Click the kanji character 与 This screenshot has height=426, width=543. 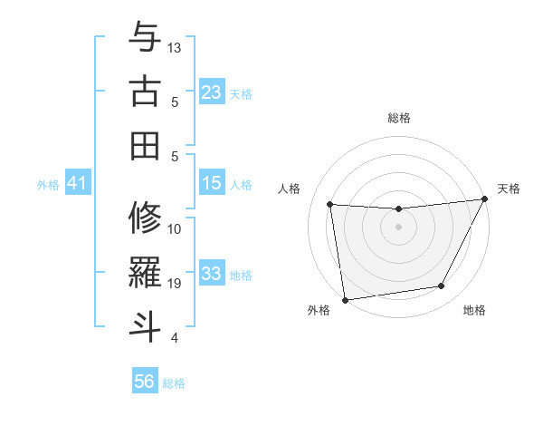click(x=146, y=38)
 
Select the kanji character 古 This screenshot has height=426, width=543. click(x=146, y=92)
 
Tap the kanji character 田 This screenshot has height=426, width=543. click(x=146, y=145)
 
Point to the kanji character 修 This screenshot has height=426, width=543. click(x=146, y=218)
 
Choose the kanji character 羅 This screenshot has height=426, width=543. click(x=146, y=272)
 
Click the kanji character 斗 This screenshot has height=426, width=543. click(x=146, y=325)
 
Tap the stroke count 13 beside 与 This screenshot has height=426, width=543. click(x=176, y=47)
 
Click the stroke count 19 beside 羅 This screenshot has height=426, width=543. click(x=176, y=284)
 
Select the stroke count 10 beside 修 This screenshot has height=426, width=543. click(x=176, y=228)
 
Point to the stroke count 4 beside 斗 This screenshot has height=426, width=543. click(x=174, y=338)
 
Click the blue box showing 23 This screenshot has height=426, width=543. click(x=212, y=92)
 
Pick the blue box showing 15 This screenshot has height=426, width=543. click(x=212, y=183)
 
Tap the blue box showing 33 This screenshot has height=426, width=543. click(x=212, y=274)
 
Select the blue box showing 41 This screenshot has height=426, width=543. click(x=77, y=183)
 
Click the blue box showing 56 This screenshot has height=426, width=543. click(x=145, y=382)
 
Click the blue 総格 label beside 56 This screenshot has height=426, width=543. click(x=174, y=383)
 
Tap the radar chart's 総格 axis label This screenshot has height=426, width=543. click(x=398, y=118)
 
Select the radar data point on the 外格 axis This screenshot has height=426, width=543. click(x=345, y=299)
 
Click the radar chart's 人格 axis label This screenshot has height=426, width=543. click(x=290, y=189)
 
